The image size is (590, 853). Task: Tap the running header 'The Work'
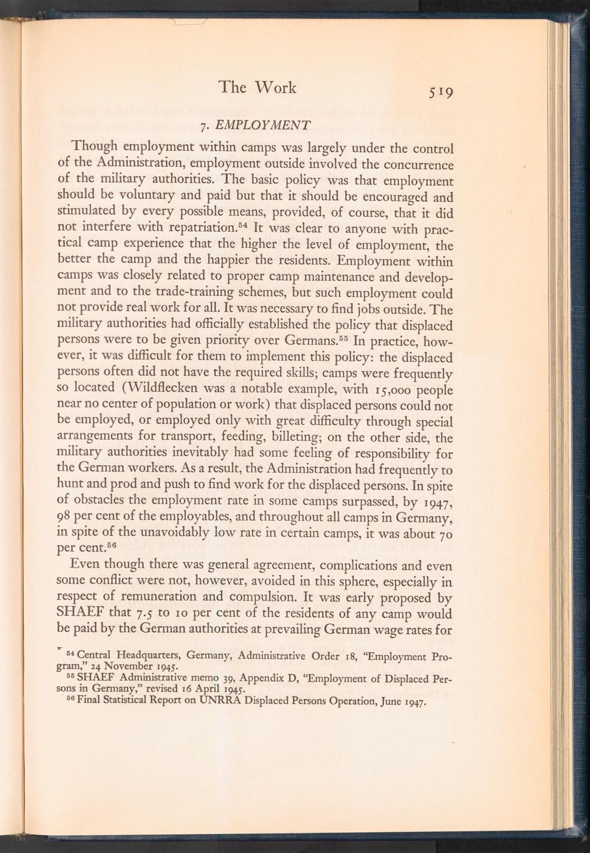(x=257, y=87)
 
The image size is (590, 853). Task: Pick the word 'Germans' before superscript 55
(x=302, y=342)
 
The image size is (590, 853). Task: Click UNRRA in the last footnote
(x=221, y=703)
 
